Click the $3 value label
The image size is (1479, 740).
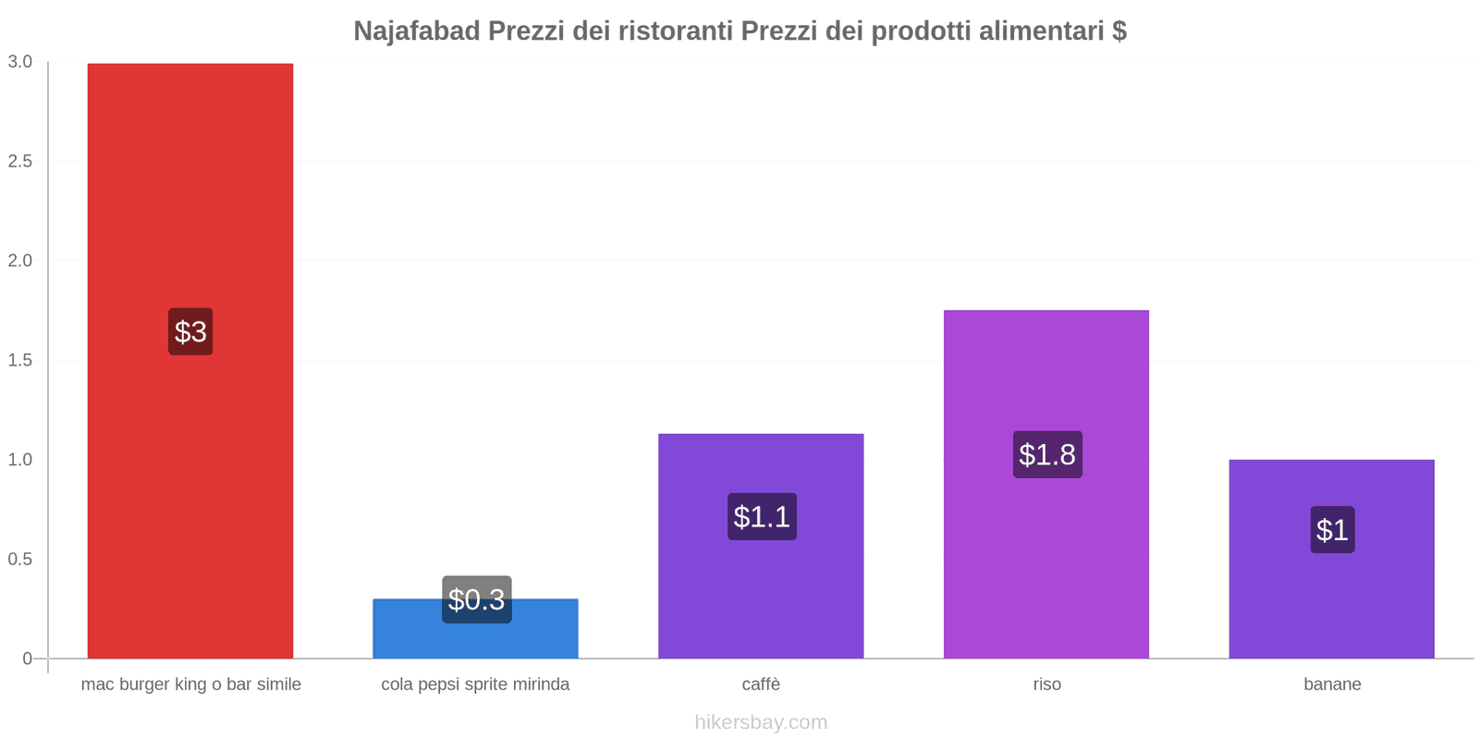point(190,331)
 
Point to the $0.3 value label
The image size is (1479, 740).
point(476,599)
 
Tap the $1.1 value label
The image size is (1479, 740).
point(762,516)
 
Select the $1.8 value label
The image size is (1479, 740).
point(1047,454)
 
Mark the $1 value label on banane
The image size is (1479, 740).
point(1332,530)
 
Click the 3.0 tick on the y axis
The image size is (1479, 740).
point(20,62)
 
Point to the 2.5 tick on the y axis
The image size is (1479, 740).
point(20,162)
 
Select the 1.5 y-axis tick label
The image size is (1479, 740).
point(20,361)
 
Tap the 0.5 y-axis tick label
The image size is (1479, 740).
point(20,560)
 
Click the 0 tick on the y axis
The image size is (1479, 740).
point(28,659)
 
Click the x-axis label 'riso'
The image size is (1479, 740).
point(1046,684)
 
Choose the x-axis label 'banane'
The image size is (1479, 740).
point(1332,684)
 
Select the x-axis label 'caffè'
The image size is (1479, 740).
point(761,684)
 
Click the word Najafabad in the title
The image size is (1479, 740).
point(417,31)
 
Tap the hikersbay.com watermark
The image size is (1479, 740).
point(761,722)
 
